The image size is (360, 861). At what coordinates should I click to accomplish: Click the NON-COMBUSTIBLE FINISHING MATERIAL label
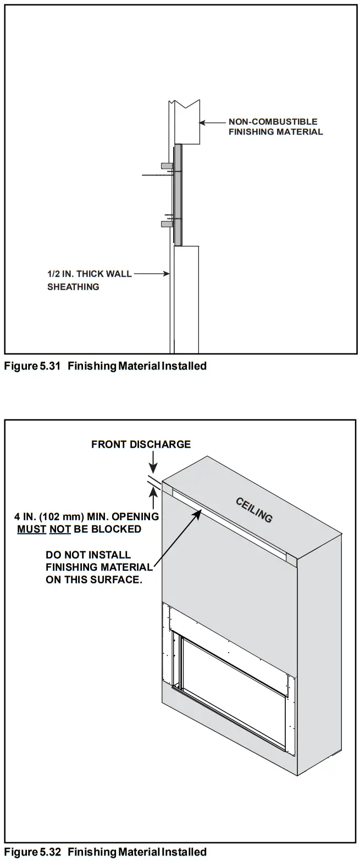275,126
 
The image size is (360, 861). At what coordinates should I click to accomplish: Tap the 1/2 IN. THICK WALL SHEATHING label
89,280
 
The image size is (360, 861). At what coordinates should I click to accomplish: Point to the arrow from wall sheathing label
152,273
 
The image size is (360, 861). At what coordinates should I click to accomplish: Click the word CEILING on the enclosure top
254,510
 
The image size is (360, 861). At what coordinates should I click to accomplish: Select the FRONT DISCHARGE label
141,444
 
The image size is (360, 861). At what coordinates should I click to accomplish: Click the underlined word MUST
31,529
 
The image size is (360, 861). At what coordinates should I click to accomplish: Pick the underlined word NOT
60,529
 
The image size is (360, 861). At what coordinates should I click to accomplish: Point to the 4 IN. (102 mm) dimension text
86,517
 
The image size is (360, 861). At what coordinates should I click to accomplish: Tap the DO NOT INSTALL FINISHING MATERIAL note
99,567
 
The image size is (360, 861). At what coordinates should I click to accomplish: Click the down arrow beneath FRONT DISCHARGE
153,463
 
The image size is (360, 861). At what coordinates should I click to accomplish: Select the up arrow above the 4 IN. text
153,498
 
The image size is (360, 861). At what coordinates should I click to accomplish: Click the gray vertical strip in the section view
178,195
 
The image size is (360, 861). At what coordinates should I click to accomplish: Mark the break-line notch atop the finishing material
184,104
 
